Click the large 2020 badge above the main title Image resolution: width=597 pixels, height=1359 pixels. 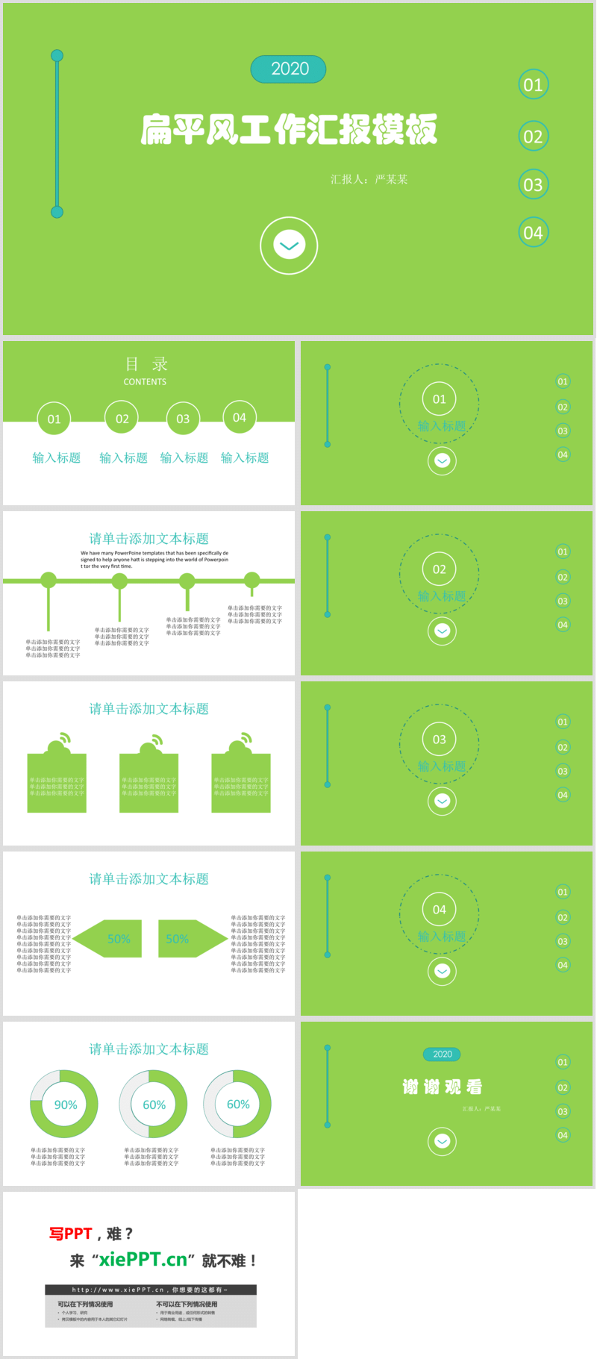289,69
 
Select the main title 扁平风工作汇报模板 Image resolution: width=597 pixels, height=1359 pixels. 289,129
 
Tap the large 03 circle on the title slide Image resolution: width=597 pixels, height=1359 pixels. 533,184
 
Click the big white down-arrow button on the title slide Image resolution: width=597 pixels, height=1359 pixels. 289,246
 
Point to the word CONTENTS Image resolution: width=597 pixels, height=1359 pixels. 145,381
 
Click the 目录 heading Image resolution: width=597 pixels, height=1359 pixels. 146,364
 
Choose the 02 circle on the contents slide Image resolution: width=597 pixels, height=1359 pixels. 122,419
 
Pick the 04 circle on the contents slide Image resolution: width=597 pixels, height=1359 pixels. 239,418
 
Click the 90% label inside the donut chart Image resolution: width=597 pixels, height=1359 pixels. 65,1105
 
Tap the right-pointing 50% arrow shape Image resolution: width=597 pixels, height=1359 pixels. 190,939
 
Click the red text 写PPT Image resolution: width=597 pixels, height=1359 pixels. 71,1234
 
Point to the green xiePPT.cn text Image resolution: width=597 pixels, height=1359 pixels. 143,1260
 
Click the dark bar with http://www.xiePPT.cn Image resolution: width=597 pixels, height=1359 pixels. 150,1289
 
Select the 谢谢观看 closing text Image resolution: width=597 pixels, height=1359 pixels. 442,1087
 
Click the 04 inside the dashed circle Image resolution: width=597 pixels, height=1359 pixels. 439,909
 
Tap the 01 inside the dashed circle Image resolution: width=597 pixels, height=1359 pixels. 439,399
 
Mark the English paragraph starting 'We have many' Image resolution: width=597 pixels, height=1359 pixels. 154,560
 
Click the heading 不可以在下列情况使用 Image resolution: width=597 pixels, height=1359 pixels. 187,1304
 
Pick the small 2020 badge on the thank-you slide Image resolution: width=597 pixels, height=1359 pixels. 442,1054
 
